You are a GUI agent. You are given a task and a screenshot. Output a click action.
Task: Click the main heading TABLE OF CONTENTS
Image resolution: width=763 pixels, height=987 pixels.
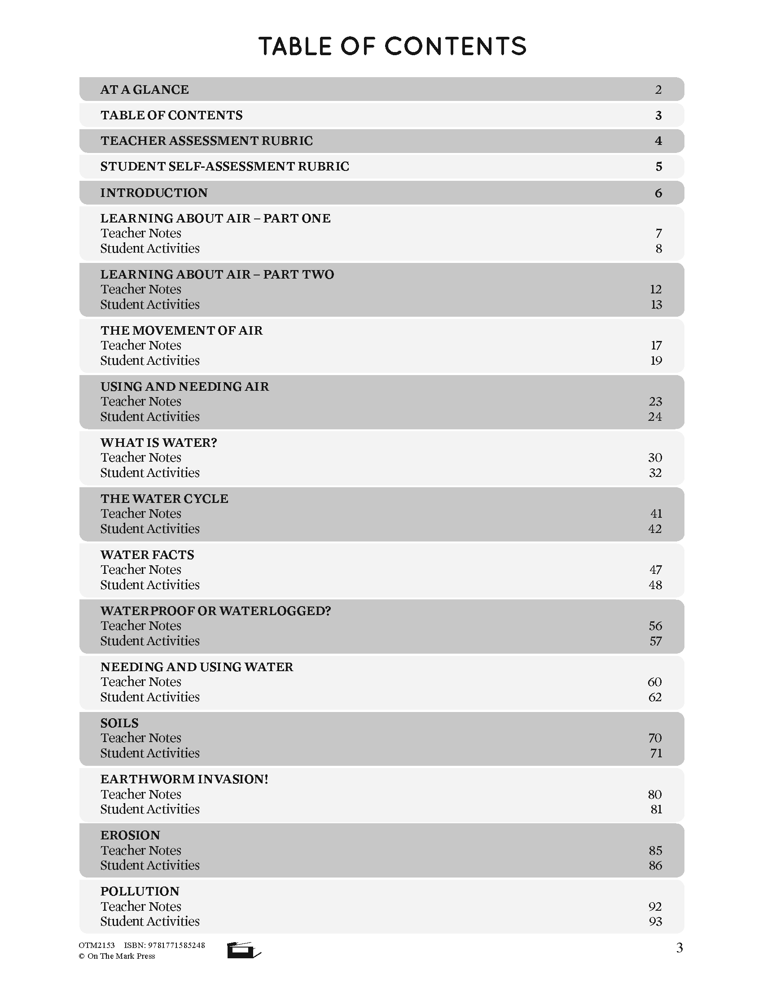tap(392, 46)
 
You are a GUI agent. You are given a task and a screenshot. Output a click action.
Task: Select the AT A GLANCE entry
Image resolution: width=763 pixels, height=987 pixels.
tap(144, 89)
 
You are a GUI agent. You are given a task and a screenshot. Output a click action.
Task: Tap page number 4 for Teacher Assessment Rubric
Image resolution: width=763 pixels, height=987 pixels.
tap(658, 141)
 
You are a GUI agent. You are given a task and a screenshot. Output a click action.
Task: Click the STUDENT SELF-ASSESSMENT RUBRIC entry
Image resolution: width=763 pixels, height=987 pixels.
tap(224, 167)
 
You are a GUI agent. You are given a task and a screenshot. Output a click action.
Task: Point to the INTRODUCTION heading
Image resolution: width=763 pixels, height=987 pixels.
tap(153, 193)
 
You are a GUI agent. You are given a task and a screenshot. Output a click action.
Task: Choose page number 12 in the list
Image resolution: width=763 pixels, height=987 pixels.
tap(655, 289)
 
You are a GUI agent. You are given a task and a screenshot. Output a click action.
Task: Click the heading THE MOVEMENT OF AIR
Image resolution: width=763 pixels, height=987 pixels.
tap(181, 330)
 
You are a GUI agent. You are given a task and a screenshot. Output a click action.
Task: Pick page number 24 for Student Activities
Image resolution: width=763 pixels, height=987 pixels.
tap(654, 417)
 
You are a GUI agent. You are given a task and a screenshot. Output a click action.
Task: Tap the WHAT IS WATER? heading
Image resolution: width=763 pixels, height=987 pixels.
tap(158, 442)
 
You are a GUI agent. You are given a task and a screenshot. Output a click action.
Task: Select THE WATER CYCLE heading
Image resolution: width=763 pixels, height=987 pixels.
tap(164, 498)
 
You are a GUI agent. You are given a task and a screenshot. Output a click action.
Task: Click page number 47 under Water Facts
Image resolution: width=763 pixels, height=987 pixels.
tap(655, 569)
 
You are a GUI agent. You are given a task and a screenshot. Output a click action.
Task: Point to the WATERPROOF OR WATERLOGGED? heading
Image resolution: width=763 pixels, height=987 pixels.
tap(215, 611)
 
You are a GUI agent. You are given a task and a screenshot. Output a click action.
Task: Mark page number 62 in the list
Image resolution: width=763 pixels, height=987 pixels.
tap(654, 697)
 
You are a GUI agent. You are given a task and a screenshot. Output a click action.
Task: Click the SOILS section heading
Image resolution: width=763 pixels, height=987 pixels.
tap(119, 723)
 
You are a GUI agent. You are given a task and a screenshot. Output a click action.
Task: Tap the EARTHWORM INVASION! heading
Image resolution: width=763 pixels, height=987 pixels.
tap(184, 779)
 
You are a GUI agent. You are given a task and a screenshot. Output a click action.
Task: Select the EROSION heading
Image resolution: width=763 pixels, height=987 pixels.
tap(130, 835)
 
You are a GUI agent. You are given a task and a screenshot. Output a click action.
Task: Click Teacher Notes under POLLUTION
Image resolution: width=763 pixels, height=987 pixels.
tap(140, 906)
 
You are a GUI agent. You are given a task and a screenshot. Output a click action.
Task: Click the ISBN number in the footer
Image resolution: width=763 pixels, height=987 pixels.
tap(165, 945)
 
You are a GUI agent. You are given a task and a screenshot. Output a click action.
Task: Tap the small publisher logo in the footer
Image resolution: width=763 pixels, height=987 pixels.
tap(243, 950)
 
